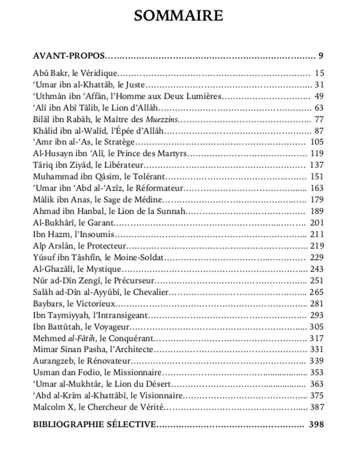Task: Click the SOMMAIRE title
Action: point(179,15)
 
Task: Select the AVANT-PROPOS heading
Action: point(69,56)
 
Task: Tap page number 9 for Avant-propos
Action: point(321,56)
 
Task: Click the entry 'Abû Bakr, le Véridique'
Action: point(75,73)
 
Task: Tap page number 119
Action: point(317,153)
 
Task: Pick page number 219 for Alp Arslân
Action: point(317,246)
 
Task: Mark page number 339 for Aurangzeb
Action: point(317,361)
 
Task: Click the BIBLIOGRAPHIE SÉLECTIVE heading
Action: point(94,424)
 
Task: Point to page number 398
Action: point(316,424)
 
